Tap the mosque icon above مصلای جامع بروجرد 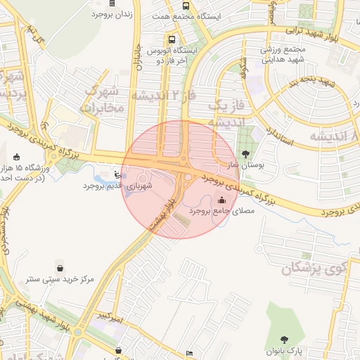pyautogui.click(x=222, y=200)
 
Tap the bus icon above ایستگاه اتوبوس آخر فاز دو pyautogui.click(x=172, y=39)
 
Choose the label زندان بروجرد pyautogui.click(x=117, y=14)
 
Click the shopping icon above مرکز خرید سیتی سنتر pyautogui.click(x=60, y=268)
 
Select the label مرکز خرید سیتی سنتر pyautogui.click(x=60, y=279)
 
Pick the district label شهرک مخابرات pyautogui.click(x=103, y=99)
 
